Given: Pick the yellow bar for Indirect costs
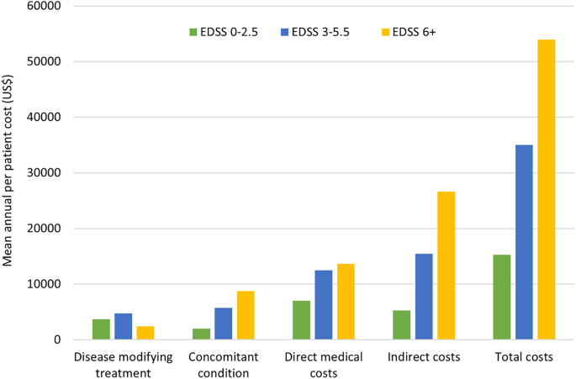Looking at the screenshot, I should click(446, 266).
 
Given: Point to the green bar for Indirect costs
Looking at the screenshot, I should click(402, 324).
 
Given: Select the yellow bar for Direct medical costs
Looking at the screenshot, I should click(346, 302).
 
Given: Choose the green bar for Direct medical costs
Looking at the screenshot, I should click(302, 320).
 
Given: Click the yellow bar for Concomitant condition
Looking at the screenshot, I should click(246, 315).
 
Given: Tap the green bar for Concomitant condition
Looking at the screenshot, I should click(202, 334).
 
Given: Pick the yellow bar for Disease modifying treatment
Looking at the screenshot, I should click(145, 333).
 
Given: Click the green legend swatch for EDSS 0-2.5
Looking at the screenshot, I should click(193, 33).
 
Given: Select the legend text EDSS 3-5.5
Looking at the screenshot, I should click(323, 33).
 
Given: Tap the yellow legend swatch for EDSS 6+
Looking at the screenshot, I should click(386, 33).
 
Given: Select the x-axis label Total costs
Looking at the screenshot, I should click(524, 357).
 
